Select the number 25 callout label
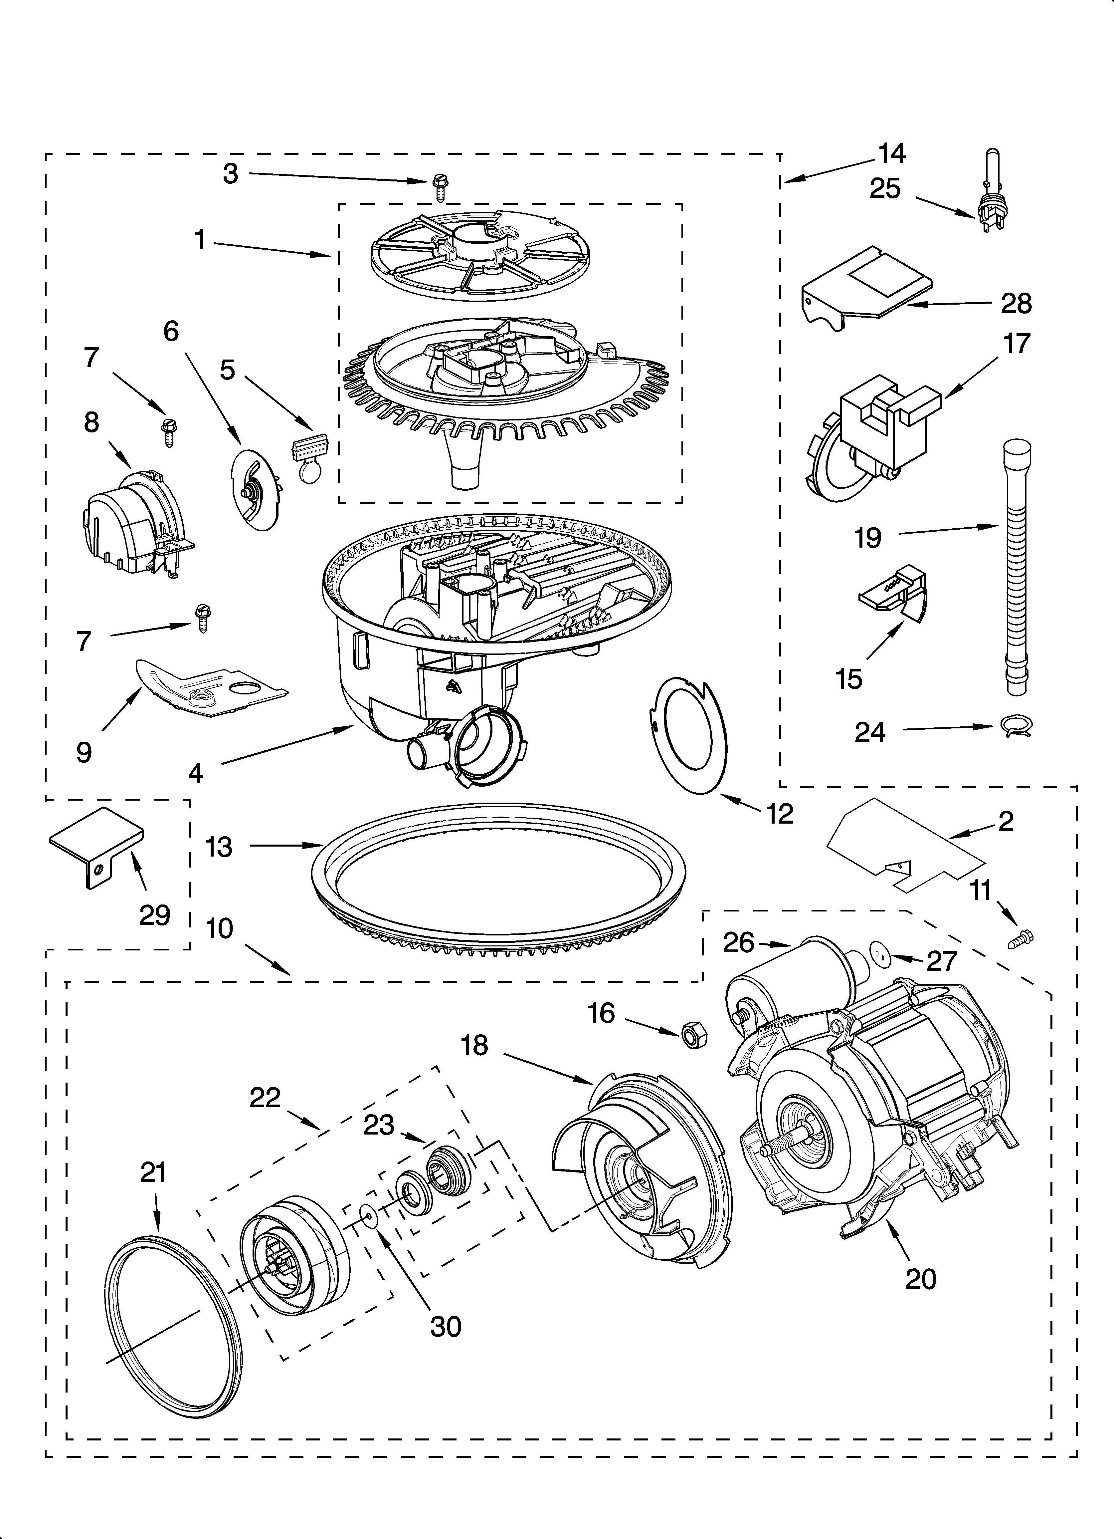tap(885, 189)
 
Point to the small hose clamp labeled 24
tap(1016, 727)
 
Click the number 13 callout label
tap(219, 847)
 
